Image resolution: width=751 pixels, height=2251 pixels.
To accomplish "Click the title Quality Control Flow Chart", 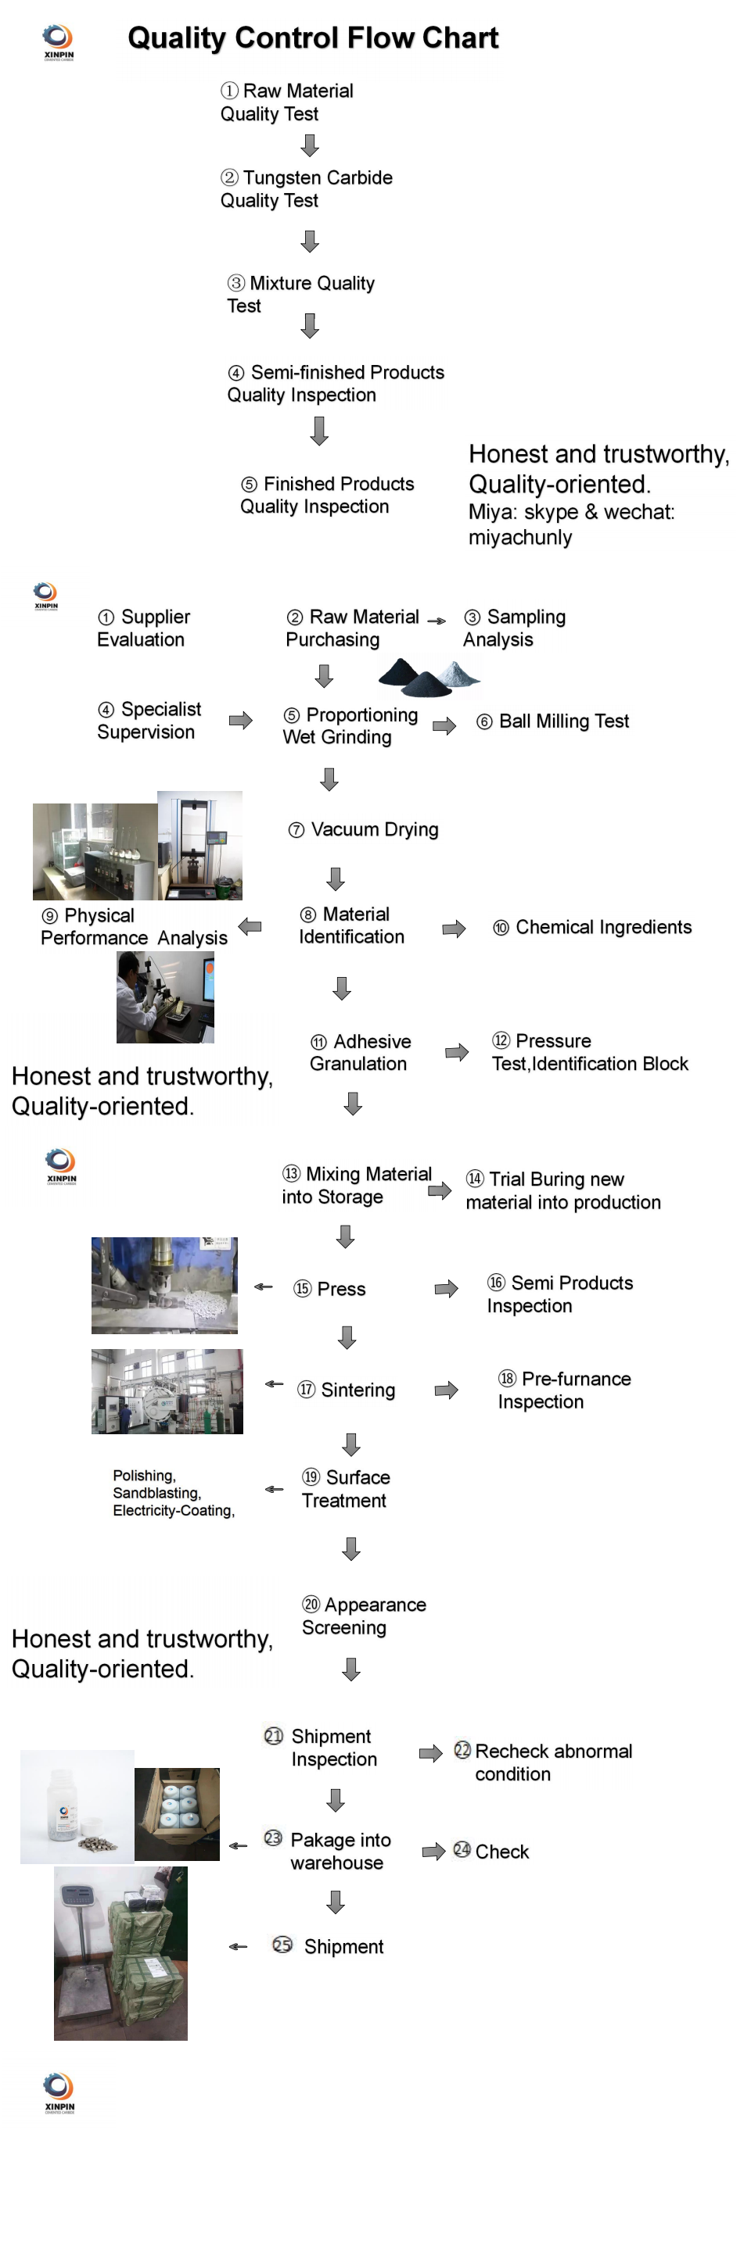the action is click(x=313, y=38).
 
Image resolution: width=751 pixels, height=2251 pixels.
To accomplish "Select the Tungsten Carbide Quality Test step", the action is click(x=306, y=188).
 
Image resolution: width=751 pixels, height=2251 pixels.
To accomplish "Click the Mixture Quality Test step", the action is click(x=300, y=295).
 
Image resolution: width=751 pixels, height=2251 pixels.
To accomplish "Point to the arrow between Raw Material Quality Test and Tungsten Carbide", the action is click(x=310, y=145).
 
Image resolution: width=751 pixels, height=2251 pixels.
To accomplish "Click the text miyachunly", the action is click(x=520, y=538).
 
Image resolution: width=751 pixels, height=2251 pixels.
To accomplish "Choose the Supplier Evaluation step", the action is click(x=143, y=628).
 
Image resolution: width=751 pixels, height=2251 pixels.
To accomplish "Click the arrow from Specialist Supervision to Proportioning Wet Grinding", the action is click(x=240, y=720).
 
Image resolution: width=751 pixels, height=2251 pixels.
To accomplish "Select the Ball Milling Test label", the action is click(x=552, y=721).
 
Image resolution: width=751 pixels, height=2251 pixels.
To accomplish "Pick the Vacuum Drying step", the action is click(x=364, y=829).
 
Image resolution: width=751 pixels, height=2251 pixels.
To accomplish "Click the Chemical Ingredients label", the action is click(x=592, y=927).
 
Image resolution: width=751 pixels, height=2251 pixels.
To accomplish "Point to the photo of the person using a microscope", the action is click(x=165, y=997).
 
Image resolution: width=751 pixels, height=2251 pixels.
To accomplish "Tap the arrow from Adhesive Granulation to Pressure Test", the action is click(x=457, y=1052).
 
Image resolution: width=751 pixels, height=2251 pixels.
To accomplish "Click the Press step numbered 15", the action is click(x=329, y=1289).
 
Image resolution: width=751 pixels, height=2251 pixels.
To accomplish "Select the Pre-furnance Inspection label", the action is click(x=564, y=1390).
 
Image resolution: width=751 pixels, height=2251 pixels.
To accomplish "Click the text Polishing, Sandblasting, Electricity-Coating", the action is click(x=174, y=1493).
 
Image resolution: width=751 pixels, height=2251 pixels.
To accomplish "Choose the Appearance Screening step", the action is click(x=364, y=1616).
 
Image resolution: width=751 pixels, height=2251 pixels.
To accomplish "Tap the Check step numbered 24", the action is click(x=491, y=1852).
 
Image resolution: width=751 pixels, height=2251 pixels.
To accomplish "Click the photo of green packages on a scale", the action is click(x=120, y=1954).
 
